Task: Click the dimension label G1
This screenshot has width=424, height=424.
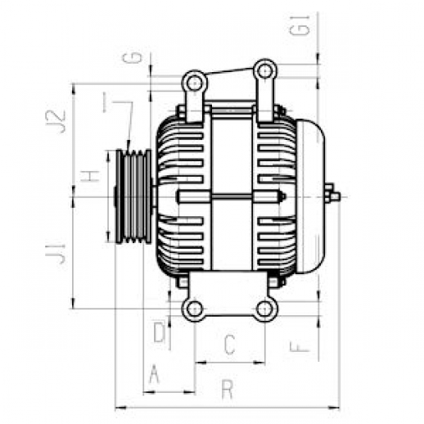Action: pos(300,25)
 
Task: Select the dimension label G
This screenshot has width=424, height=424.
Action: pos(133,57)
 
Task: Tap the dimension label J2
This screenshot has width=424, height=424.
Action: pos(56,121)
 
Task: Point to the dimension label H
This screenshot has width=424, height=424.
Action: pos(90,176)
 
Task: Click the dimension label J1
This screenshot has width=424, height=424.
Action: pos(56,254)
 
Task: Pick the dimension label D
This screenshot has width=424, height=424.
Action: pos(160,332)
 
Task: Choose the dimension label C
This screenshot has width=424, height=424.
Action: pos(229,345)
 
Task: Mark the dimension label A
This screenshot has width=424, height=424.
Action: pos(154,374)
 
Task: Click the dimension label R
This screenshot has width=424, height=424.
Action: pos(227,390)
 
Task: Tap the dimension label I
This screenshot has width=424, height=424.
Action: pos(105,102)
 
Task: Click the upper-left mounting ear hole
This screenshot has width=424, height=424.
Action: pos(194,83)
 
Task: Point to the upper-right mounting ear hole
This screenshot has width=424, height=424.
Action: pos(264,71)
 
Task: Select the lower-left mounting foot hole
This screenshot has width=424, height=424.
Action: pos(195,309)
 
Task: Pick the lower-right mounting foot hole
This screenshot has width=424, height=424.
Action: pos(264,309)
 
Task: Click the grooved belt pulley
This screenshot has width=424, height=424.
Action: pos(133,196)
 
